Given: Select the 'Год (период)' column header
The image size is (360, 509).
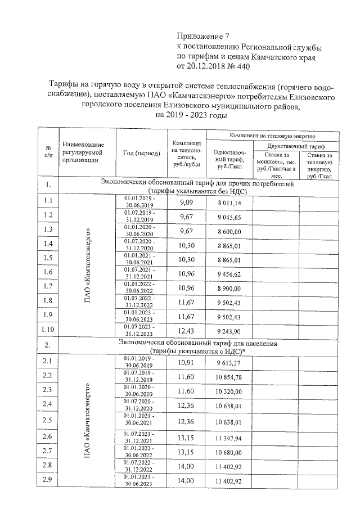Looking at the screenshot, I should point(141,153).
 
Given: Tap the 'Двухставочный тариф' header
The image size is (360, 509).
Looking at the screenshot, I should point(298,145).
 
